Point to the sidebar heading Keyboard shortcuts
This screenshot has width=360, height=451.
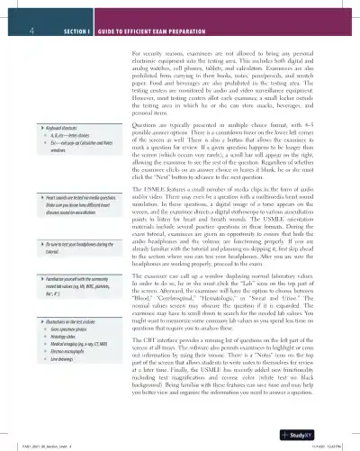[57, 129]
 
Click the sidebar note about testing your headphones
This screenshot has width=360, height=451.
[73, 247]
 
